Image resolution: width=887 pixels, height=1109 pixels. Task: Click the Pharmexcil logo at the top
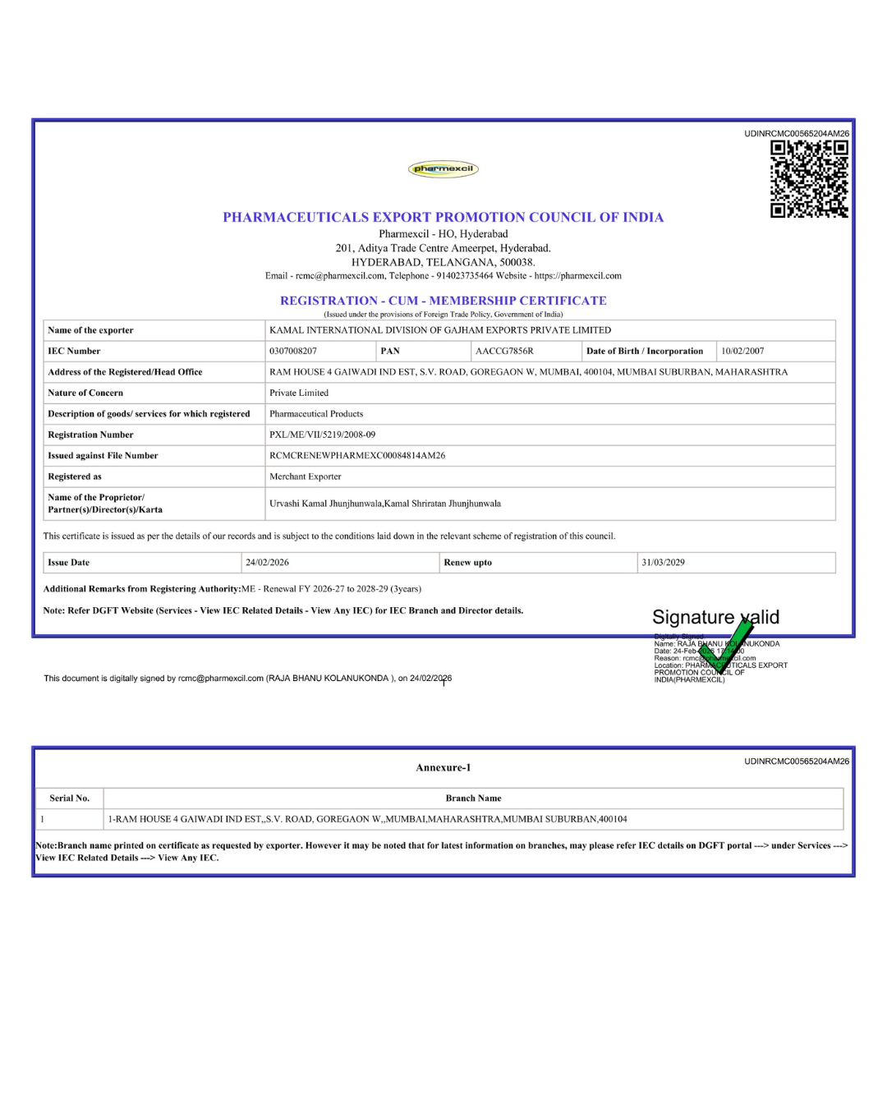click(443, 169)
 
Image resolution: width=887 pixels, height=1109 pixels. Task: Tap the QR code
click(809, 179)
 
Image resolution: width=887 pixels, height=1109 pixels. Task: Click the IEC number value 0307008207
click(293, 351)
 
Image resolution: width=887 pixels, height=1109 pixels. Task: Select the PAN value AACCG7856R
click(504, 351)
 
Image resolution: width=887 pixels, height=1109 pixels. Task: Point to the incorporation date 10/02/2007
click(742, 351)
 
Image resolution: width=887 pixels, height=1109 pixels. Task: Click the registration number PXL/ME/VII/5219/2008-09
click(322, 435)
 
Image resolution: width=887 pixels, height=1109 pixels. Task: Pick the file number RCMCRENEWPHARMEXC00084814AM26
click(357, 455)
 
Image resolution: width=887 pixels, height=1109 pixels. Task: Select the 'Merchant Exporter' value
click(306, 476)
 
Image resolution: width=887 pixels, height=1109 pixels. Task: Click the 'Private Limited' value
click(299, 393)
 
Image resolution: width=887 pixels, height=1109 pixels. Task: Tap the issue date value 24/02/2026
click(267, 563)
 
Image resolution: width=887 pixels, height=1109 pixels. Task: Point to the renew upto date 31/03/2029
click(663, 563)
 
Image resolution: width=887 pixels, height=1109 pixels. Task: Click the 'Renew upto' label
click(468, 563)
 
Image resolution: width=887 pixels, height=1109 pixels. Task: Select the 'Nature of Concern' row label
click(85, 393)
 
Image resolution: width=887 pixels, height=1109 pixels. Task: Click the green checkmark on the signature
click(727, 645)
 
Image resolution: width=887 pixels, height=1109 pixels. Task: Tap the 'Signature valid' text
click(715, 617)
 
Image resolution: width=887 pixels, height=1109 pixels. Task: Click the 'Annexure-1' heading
click(443, 767)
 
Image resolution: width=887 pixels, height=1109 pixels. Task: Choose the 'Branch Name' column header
click(473, 798)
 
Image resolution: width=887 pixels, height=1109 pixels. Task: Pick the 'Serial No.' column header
click(70, 798)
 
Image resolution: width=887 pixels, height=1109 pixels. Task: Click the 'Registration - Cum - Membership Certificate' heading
click(443, 301)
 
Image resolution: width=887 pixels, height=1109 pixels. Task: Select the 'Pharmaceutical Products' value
click(316, 414)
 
